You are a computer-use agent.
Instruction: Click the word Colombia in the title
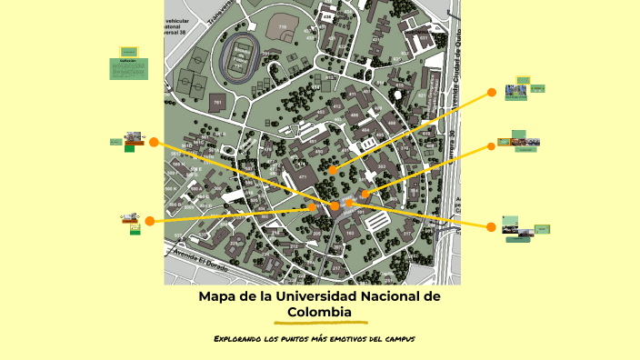[319, 312]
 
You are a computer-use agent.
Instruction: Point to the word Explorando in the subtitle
[237, 339]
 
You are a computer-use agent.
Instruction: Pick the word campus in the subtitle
[396, 339]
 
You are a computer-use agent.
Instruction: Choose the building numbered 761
[217, 104]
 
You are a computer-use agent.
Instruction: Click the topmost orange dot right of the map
[492, 92]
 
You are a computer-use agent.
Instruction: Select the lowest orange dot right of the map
[492, 225]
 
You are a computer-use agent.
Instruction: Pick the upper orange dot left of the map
[154, 142]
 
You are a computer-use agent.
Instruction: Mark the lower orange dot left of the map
[149, 221]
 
